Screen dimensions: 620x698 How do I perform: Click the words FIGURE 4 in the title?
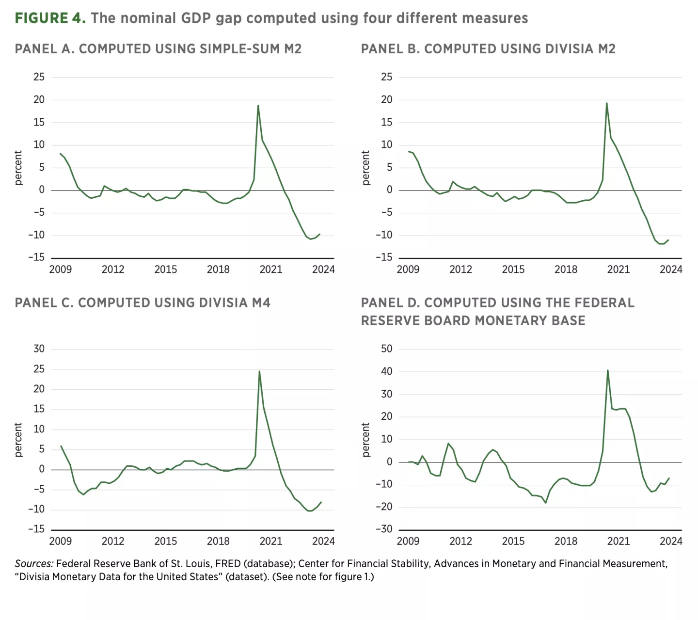click(x=50, y=18)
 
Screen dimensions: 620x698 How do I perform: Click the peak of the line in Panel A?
click(x=258, y=106)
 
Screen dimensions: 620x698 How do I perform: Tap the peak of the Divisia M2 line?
click(x=606, y=103)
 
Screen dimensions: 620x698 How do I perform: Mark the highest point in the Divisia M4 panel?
click(x=259, y=371)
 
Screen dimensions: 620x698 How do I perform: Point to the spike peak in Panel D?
click(x=607, y=371)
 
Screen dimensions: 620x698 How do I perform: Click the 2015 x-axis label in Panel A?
click(x=165, y=270)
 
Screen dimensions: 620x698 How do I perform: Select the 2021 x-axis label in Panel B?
click(x=618, y=270)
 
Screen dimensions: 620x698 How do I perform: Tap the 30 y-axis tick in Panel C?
click(x=39, y=349)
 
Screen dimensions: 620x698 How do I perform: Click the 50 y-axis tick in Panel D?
click(x=386, y=349)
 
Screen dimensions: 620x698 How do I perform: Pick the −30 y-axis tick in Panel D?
click(x=383, y=529)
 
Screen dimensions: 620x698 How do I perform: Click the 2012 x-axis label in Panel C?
click(x=113, y=541)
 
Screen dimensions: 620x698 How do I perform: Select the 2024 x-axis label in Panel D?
click(x=670, y=541)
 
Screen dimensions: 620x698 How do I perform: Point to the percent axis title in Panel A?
click(x=18, y=168)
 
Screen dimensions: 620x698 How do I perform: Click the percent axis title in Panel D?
click(x=366, y=440)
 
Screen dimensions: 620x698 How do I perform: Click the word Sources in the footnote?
click(x=33, y=563)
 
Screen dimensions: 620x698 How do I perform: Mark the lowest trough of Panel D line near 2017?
click(x=545, y=503)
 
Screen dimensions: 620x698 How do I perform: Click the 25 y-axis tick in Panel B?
click(x=386, y=77)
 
